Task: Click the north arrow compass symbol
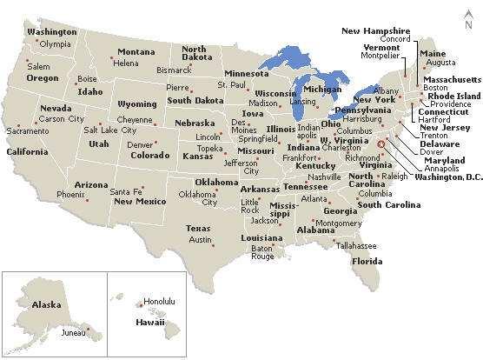click(468, 20)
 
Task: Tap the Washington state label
click(51, 32)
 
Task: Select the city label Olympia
click(55, 44)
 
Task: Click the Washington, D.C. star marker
click(380, 146)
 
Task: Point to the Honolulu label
click(159, 302)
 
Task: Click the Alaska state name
click(46, 304)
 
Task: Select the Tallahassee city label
click(356, 246)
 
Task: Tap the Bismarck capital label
click(172, 69)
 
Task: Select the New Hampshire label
click(375, 30)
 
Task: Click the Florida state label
click(367, 261)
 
